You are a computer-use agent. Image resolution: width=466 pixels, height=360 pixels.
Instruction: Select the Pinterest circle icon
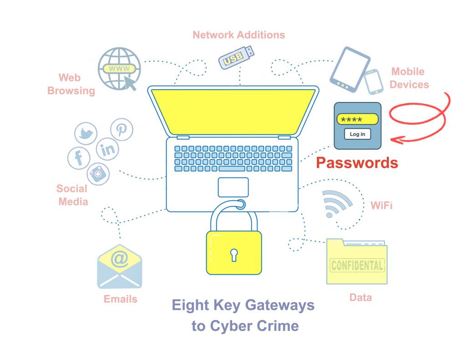(121, 130)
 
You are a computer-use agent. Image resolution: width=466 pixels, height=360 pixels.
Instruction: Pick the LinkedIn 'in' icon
(108, 149)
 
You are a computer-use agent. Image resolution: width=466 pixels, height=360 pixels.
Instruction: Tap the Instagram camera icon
(98, 173)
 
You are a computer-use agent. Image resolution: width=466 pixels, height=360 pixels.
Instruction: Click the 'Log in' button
(357, 134)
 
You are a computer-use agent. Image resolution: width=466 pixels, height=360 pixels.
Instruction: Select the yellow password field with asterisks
(357, 119)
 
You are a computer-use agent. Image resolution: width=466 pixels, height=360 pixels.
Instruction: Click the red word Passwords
(357, 162)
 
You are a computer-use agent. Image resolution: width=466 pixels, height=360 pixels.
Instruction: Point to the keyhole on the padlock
(234, 254)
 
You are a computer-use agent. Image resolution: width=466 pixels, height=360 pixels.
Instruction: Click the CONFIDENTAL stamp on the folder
(357, 265)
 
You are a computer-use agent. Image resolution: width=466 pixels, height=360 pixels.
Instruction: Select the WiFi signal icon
(335, 203)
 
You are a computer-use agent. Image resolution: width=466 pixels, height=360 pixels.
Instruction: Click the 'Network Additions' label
(238, 35)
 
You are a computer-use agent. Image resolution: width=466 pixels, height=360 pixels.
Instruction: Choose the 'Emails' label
(120, 299)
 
